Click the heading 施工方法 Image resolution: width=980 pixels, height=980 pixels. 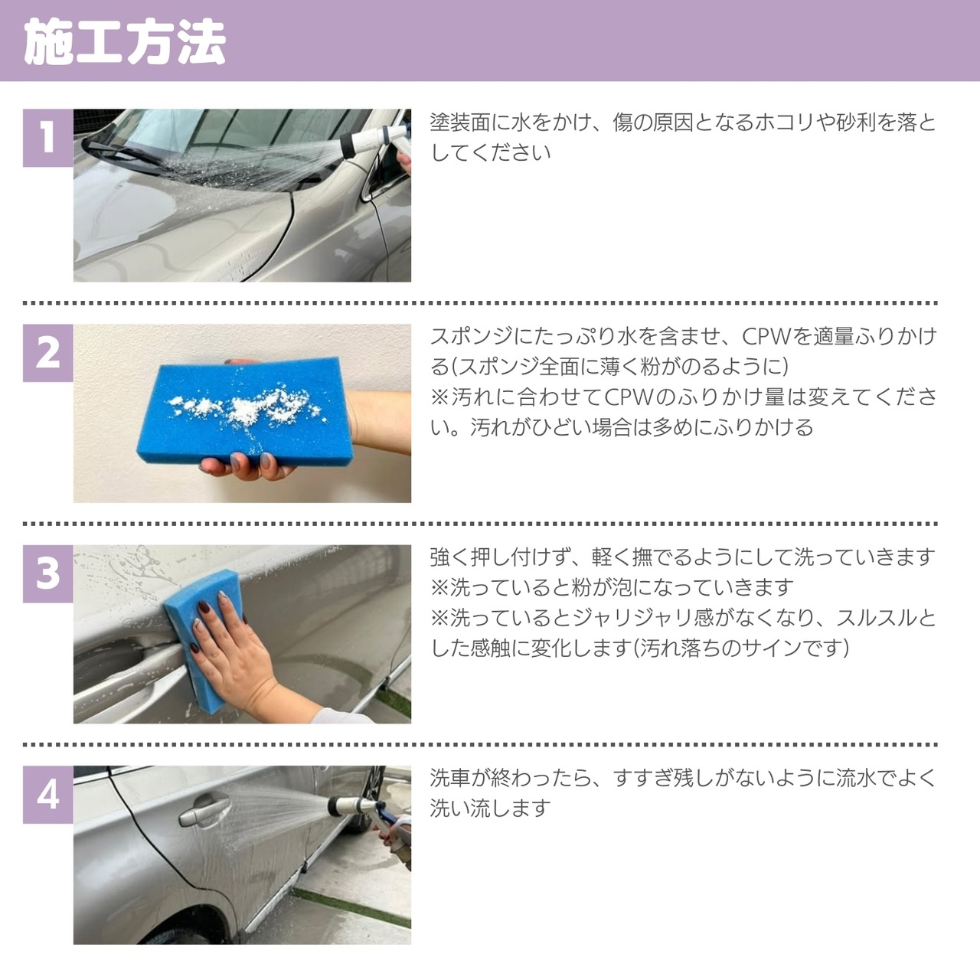[x=125, y=42]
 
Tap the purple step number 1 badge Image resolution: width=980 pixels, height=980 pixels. [x=47, y=138]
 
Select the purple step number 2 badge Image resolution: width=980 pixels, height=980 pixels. [x=47, y=353]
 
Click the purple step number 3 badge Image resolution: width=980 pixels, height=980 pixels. [x=47, y=573]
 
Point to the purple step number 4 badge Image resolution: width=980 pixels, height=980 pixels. [x=47, y=795]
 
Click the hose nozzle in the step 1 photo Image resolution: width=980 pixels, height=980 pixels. [x=374, y=139]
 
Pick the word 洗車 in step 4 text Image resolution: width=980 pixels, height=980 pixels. [x=450, y=778]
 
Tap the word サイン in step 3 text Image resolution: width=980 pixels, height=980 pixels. [x=768, y=648]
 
